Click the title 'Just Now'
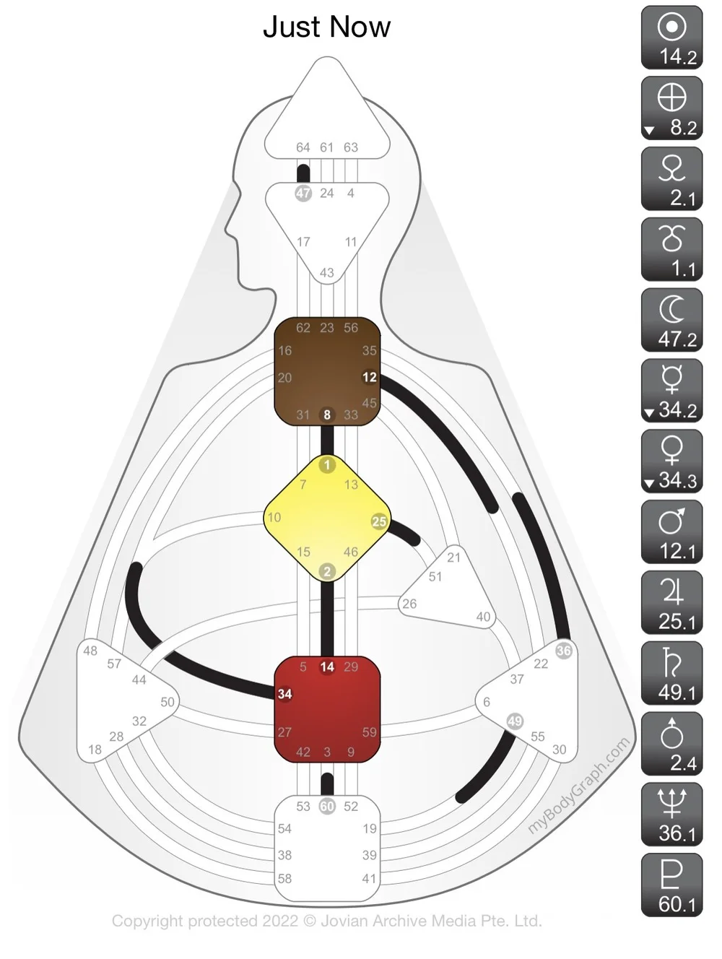[326, 27]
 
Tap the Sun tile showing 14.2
[671, 38]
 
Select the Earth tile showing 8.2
[671, 108]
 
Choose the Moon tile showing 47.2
[671, 320]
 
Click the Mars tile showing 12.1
[671, 532]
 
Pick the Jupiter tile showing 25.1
[671, 603]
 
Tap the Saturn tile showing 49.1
[671, 674]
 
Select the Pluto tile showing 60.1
[671, 885]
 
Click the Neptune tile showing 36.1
[671, 815]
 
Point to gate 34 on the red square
[285, 694]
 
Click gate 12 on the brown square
[370, 377]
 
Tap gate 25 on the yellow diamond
[379, 521]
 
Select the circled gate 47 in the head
[303, 194]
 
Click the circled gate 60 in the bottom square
[327, 806]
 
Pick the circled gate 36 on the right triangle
[564, 650]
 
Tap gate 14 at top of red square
[327, 667]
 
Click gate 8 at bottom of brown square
[327, 415]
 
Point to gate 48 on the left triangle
[90, 650]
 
